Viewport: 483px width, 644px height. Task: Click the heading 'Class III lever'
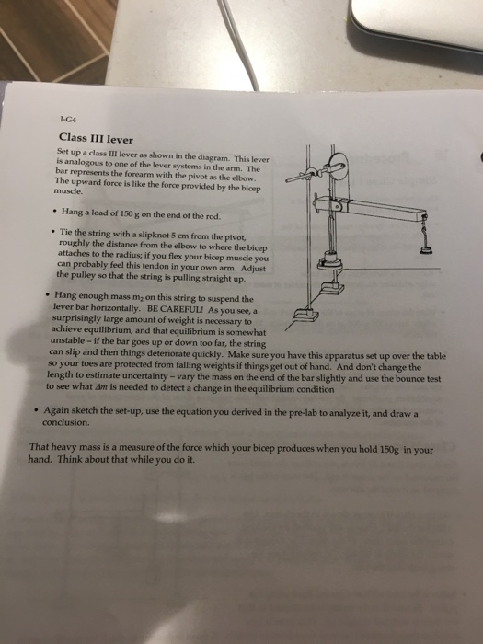point(96,138)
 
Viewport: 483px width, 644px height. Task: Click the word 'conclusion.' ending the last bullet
point(67,423)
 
